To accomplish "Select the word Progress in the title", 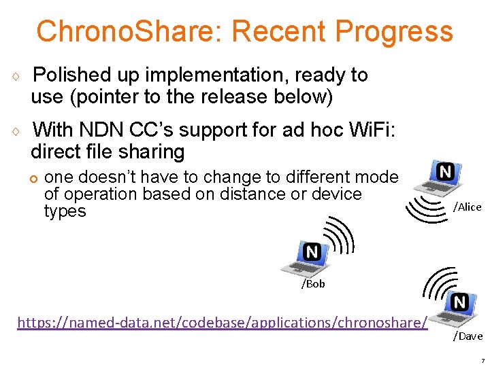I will tap(394, 31).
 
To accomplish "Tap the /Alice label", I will tap(467, 207).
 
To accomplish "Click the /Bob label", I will tap(313, 284).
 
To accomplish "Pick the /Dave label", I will tap(468, 336).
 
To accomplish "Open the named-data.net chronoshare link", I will tap(223, 322).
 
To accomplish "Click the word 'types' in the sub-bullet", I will tap(65, 211).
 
